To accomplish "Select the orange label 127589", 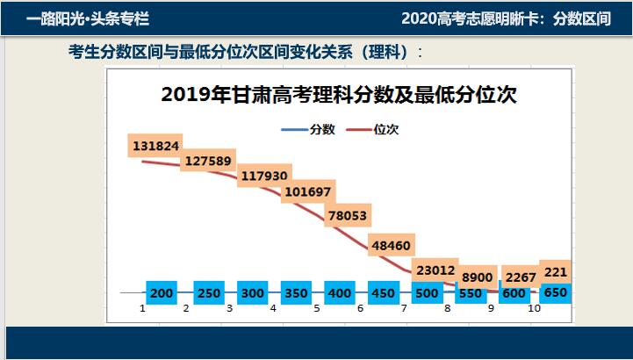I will pyautogui.click(x=206, y=161).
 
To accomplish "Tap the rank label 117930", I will pyautogui.click(x=264, y=176).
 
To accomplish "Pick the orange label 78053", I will pyautogui.click(x=347, y=215).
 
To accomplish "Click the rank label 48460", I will pyautogui.click(x=391, y=245).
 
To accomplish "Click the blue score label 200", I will pyautogui.click(x=162, y=293).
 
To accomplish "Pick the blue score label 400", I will pyautogui.click(x=338, y=293).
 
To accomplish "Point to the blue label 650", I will pyautogui.click(x=555, y=292).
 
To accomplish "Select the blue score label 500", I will pyautogui.click(x=426, y=293).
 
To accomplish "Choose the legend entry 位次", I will pyautogui.click(x=387, y=130).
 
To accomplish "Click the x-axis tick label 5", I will pyautogui.click(x=317, y=309).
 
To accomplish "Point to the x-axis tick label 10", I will pyautogui.click(x=534, y=309).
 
